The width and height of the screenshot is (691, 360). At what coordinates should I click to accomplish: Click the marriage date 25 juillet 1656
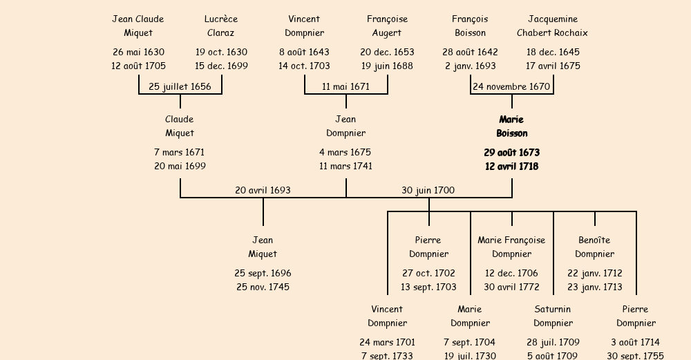pyautogui.click(x=180, y=86)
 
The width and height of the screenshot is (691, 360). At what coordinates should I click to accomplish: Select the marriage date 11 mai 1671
pyautogui.click(x=345, y=86)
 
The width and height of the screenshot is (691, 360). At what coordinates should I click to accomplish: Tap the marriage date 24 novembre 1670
pyautogui.click(x=511, y=86)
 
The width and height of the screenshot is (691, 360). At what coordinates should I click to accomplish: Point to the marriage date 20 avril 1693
pyautogui.click(x=263, y=190)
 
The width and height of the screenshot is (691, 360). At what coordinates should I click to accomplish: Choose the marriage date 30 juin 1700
pyautogui.click(x=428, y=190)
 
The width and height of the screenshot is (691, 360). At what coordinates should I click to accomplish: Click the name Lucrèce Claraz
pyautogui.click(x=221, y=26)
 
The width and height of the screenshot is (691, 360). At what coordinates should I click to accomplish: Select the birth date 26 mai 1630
pyautogui.click(x=138, y=52)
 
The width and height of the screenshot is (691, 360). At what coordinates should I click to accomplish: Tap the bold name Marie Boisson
pyautogui.click(x=511, y=126)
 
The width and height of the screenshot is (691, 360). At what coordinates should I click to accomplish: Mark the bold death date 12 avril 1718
pyautogui.click(x=511, y=167)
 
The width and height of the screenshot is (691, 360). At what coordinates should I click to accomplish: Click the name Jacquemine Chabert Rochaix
pyautogui.click(x=553, y=26)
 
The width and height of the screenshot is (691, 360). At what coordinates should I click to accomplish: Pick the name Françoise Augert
pyautogui.click(x=387, y=26)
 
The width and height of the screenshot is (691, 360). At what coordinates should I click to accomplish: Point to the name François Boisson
pyautogui.click(x=470, y=26)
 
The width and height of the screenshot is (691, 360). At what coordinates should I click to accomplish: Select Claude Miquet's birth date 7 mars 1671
pyautogui.click(x=180, y=152)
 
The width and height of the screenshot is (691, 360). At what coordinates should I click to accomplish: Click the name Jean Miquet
pyautogui.click(x=263, y=247)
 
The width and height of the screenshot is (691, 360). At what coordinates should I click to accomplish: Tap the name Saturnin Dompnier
pyautogui.click(x=553, y=316)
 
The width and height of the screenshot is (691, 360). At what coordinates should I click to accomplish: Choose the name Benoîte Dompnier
pyautogui.click(x=594, y=247)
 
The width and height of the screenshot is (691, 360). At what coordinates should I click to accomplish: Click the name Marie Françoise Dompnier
pyautogui.click(x=511, y=247)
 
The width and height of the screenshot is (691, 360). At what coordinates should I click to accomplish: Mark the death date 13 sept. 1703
pyautogui.click(x=428, y=287)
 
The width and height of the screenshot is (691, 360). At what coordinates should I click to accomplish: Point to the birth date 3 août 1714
pyautogui.click(x=636, y=342)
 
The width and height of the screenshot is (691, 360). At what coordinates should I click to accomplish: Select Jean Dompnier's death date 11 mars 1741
pyautogui.click(x=345, y=166)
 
